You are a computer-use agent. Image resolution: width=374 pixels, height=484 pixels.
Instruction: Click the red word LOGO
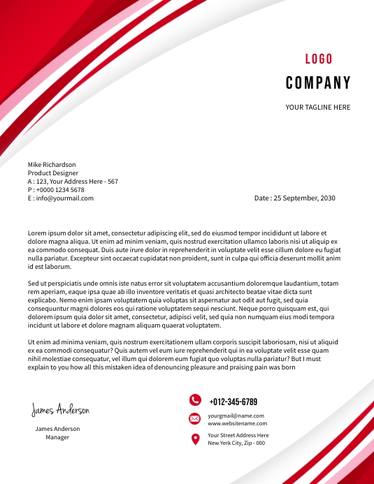[319, 59]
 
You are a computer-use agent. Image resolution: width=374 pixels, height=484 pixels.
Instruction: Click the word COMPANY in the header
[318, 84]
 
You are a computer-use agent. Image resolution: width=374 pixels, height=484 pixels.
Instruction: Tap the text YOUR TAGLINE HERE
[318, 108]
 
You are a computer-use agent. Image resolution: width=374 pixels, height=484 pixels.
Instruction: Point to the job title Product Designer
[53, 173]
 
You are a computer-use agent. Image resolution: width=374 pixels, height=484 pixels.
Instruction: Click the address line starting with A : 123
[73, 182]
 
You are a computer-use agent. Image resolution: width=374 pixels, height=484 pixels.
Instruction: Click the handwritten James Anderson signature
[60, 410]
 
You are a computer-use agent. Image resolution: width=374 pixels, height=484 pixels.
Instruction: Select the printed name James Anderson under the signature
[57, 429]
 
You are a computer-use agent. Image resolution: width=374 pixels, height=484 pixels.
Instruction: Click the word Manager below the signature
[57, 437]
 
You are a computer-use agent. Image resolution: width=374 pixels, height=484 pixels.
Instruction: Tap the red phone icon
[195, 400]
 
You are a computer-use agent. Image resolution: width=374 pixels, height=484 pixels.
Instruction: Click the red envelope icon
[195, 418]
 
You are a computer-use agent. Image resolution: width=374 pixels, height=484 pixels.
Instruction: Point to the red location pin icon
[195, 439]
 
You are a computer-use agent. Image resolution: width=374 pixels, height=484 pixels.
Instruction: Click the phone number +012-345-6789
[233, 402]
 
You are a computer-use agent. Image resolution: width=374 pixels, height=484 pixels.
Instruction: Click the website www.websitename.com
[237, 423]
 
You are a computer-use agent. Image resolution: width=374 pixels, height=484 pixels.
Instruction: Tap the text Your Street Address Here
[238, 435]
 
